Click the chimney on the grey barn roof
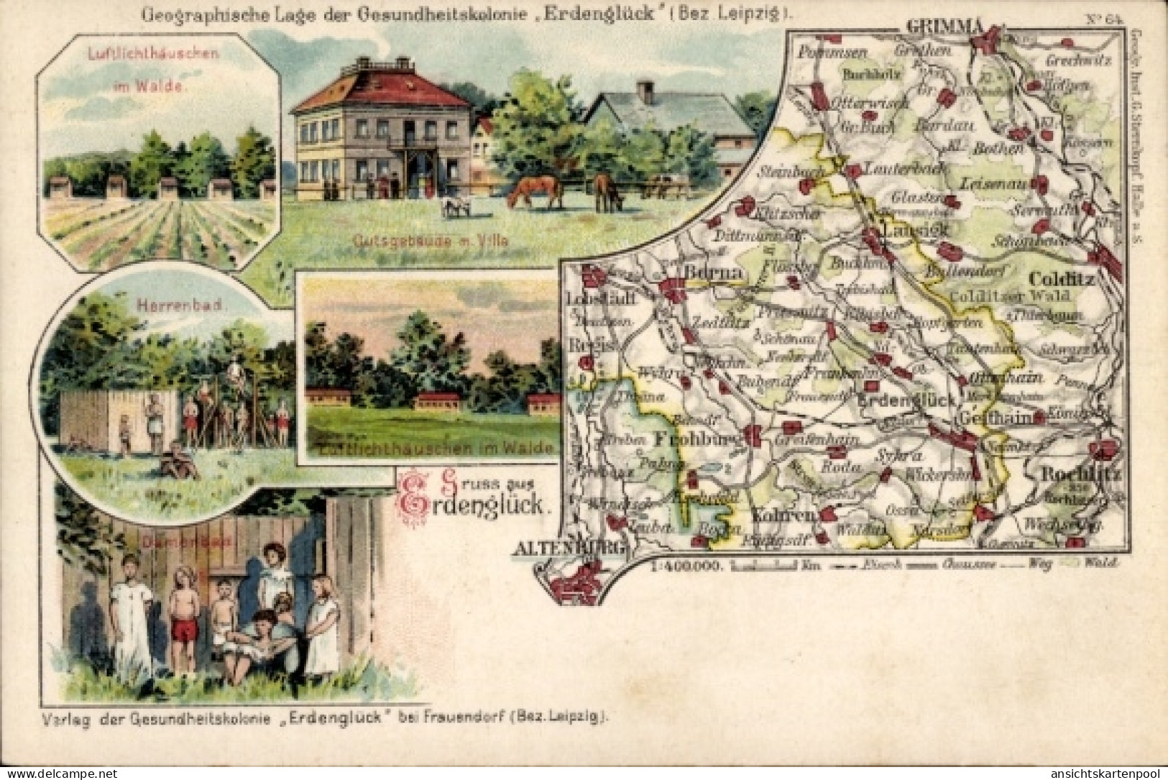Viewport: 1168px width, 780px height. (645, 91)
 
